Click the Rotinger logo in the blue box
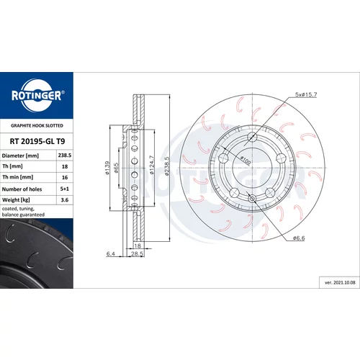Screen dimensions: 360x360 pos(37,95)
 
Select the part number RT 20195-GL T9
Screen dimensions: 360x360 pos(37,141)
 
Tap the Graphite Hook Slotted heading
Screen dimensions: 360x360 pos(37,125)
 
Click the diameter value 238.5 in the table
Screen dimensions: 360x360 pos(65,156)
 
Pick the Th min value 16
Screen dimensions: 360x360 pos(65,177)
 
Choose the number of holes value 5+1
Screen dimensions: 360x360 pos(65,189)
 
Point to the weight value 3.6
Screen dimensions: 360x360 pos(65,199)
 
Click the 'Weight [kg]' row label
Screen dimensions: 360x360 pos(16,200)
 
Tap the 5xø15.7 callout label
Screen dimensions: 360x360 pos(306,94)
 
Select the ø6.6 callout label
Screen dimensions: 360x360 pos(299,238)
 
